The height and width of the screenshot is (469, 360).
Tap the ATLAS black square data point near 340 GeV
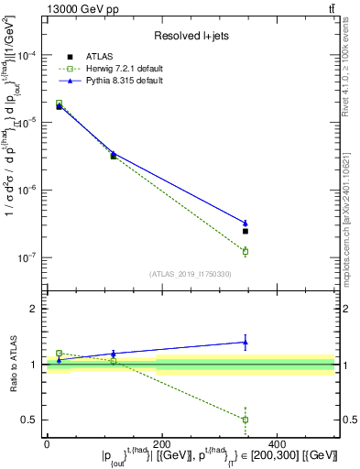tap(245, 231)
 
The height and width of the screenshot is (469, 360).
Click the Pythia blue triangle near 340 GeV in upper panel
tap(245, 223)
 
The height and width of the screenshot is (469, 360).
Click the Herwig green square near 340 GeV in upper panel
tap(245, 251)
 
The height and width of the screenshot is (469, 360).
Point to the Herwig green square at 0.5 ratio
tap(245, 420)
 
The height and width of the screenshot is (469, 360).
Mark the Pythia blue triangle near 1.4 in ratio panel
tap(245, 342)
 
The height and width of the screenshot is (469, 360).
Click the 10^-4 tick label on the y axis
tap(28, 56)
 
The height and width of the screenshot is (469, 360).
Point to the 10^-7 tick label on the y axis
tap(28, 257)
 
